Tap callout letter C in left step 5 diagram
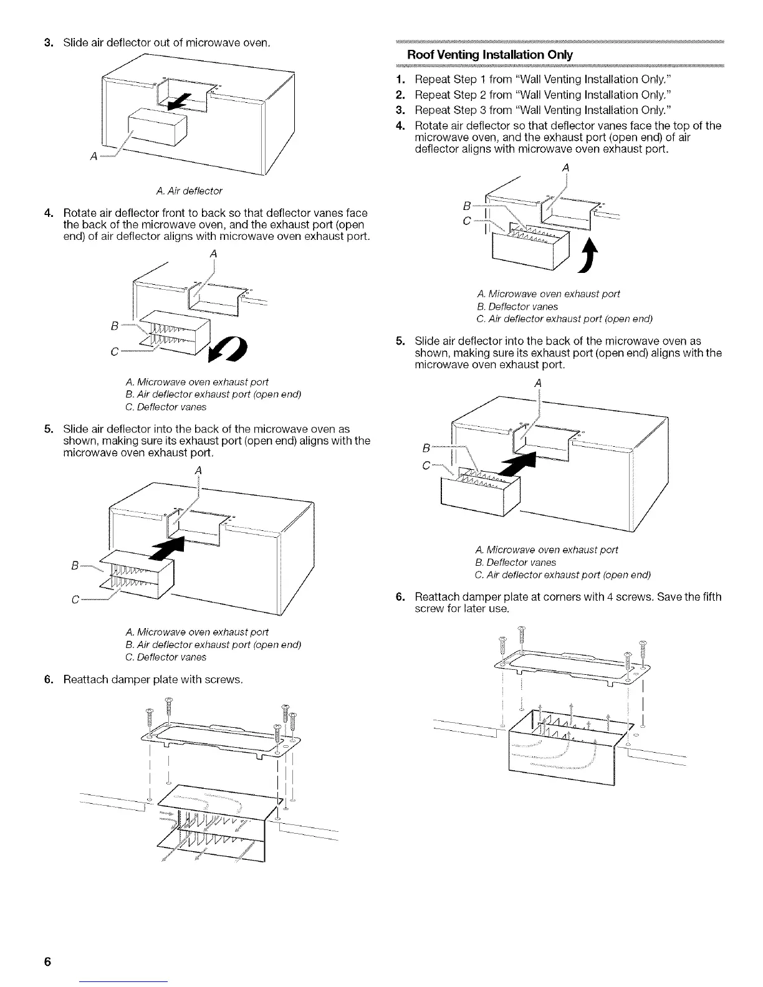[x=75, y=601]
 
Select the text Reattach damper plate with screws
[x=153, y=679]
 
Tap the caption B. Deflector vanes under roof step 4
[x=517, y=307]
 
